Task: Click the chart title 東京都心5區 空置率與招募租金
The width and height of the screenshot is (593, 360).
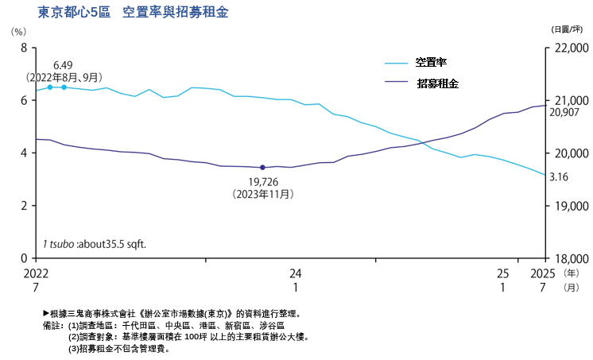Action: [133, 14]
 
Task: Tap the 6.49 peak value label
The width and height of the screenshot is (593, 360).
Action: [63, 65]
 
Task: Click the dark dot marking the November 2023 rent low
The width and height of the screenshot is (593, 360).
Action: [262, 168]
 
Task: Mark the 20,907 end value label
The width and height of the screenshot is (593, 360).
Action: [566, 112]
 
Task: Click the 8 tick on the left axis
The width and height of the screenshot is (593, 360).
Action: [24, 48]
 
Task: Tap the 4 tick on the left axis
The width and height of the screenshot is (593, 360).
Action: [24, 153]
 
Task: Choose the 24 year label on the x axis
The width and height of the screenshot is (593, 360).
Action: [296, 273]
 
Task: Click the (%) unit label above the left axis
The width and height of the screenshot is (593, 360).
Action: [18, 31]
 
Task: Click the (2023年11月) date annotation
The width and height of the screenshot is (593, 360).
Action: [262, 193]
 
